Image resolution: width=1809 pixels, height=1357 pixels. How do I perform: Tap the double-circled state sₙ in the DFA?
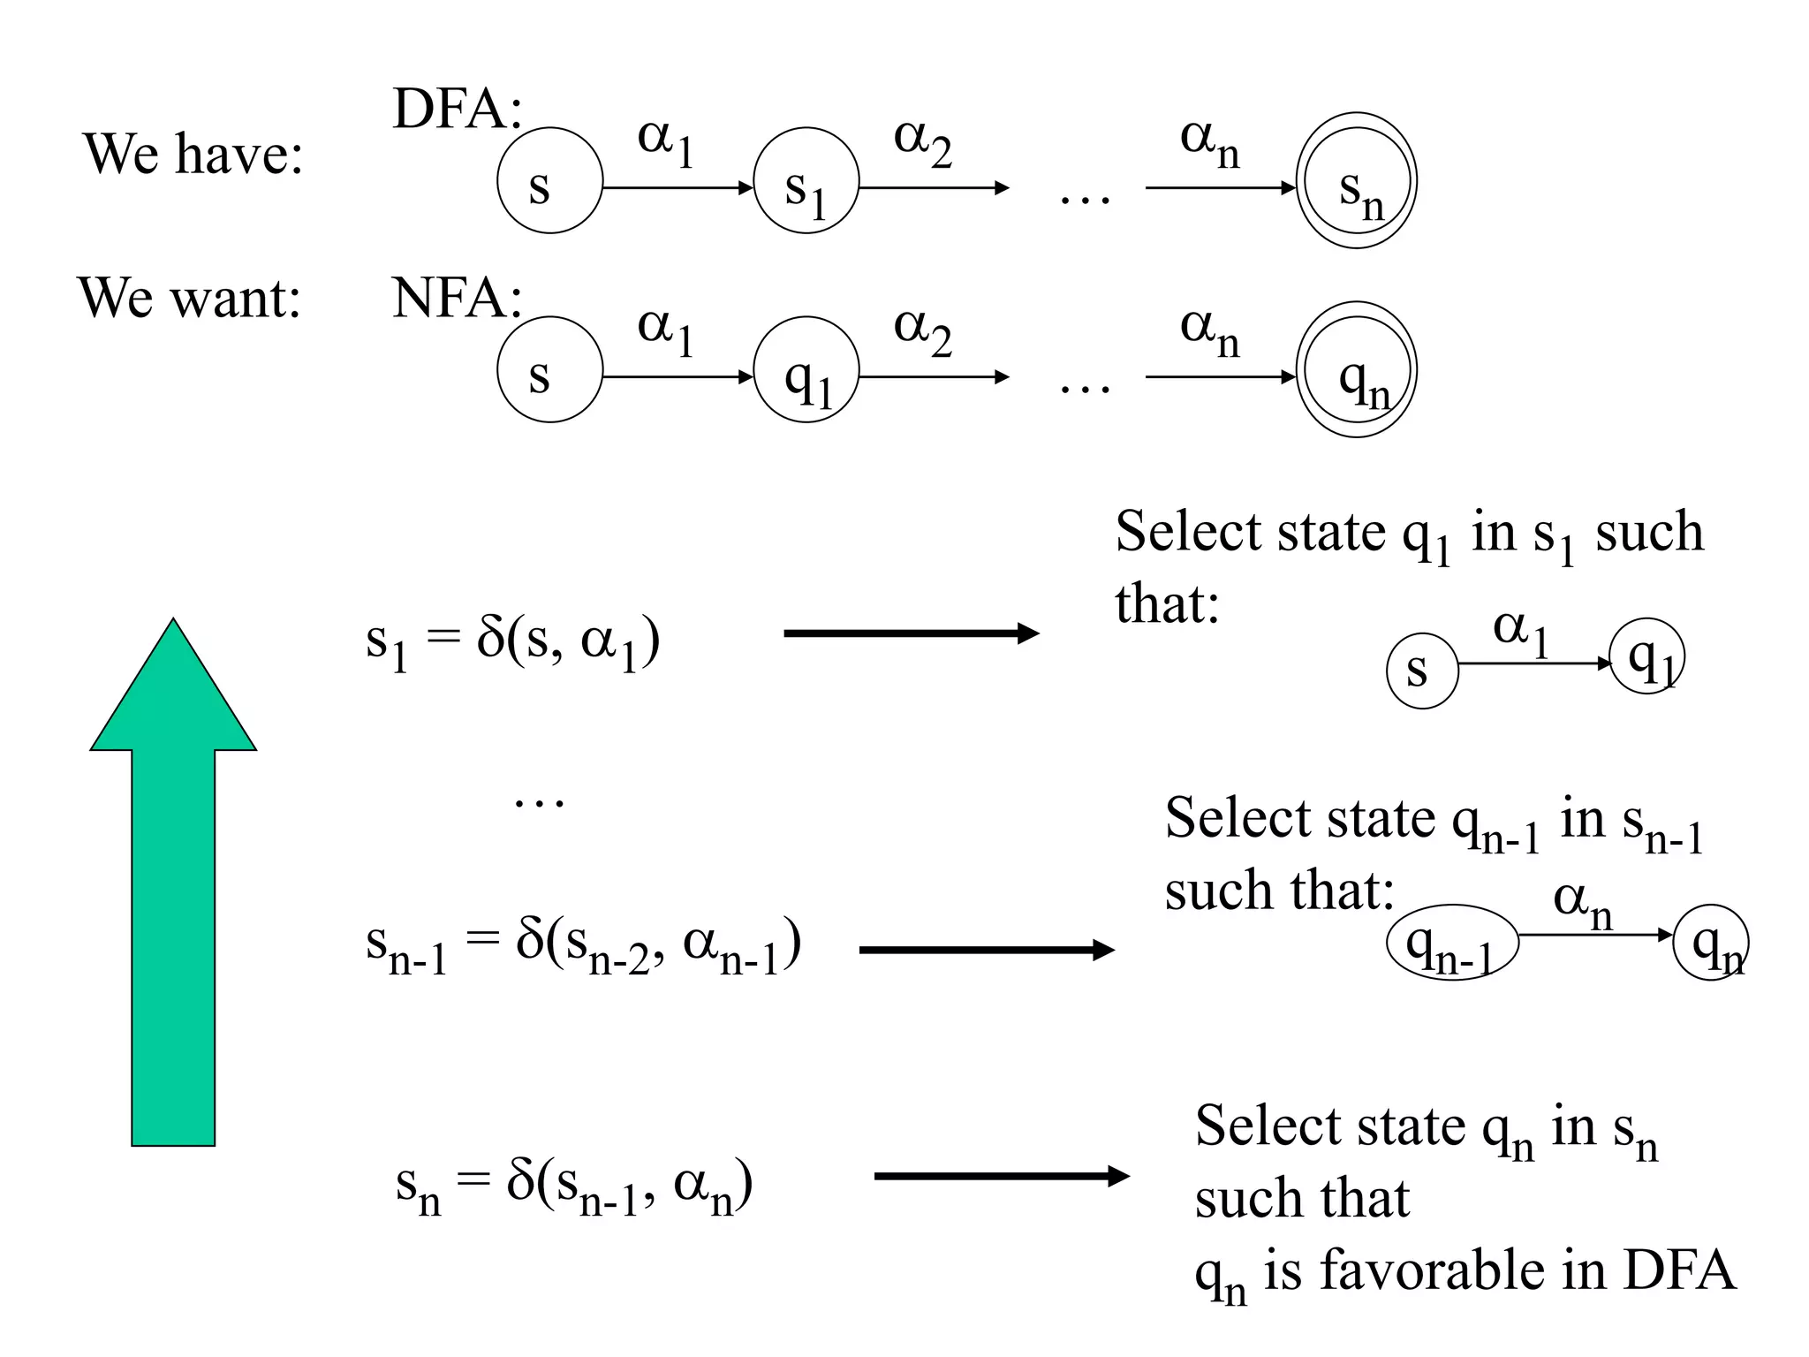[1356, 181]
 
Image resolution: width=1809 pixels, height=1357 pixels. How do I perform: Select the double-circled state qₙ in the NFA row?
[1356, 370]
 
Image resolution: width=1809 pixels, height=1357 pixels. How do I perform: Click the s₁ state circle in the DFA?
[806, 181]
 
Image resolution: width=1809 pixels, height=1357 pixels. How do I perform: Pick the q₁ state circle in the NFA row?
[806, 370]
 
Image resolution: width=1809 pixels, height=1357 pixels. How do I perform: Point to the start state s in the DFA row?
[549, 181]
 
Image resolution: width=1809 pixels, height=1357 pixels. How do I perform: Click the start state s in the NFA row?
[549, 370]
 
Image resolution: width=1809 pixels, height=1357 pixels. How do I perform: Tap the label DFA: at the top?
[457, 110]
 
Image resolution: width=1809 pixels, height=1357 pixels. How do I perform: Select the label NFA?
[457, 299]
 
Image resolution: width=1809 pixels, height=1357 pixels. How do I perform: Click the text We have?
[193, 154]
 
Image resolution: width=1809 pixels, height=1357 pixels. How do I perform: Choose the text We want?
[190, 298]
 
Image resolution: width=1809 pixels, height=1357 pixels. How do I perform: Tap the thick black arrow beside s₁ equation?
[911, 633]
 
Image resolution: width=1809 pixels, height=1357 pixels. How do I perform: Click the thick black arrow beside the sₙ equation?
[1002, 1176]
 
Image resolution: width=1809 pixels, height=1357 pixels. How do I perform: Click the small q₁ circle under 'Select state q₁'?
[1646, 656]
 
